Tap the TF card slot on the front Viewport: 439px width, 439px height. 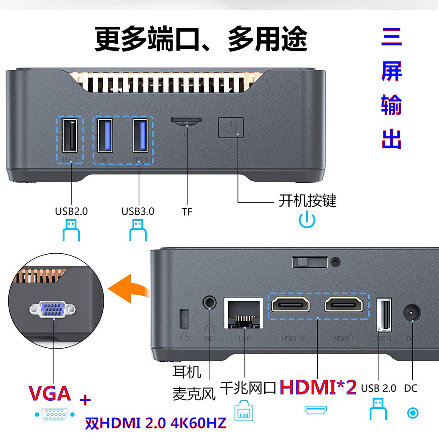[187, 121]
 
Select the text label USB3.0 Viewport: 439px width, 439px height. [138, 211]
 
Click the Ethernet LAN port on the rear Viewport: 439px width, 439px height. [243, 313]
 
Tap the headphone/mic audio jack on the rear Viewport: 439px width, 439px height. [210, 302]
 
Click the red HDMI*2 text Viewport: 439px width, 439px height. [318, 387]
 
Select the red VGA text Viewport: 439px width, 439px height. [50, 393]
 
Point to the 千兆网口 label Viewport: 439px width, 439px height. [248, 388]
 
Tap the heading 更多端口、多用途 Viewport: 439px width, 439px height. [201, 40]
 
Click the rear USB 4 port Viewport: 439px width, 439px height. [384, 315]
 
